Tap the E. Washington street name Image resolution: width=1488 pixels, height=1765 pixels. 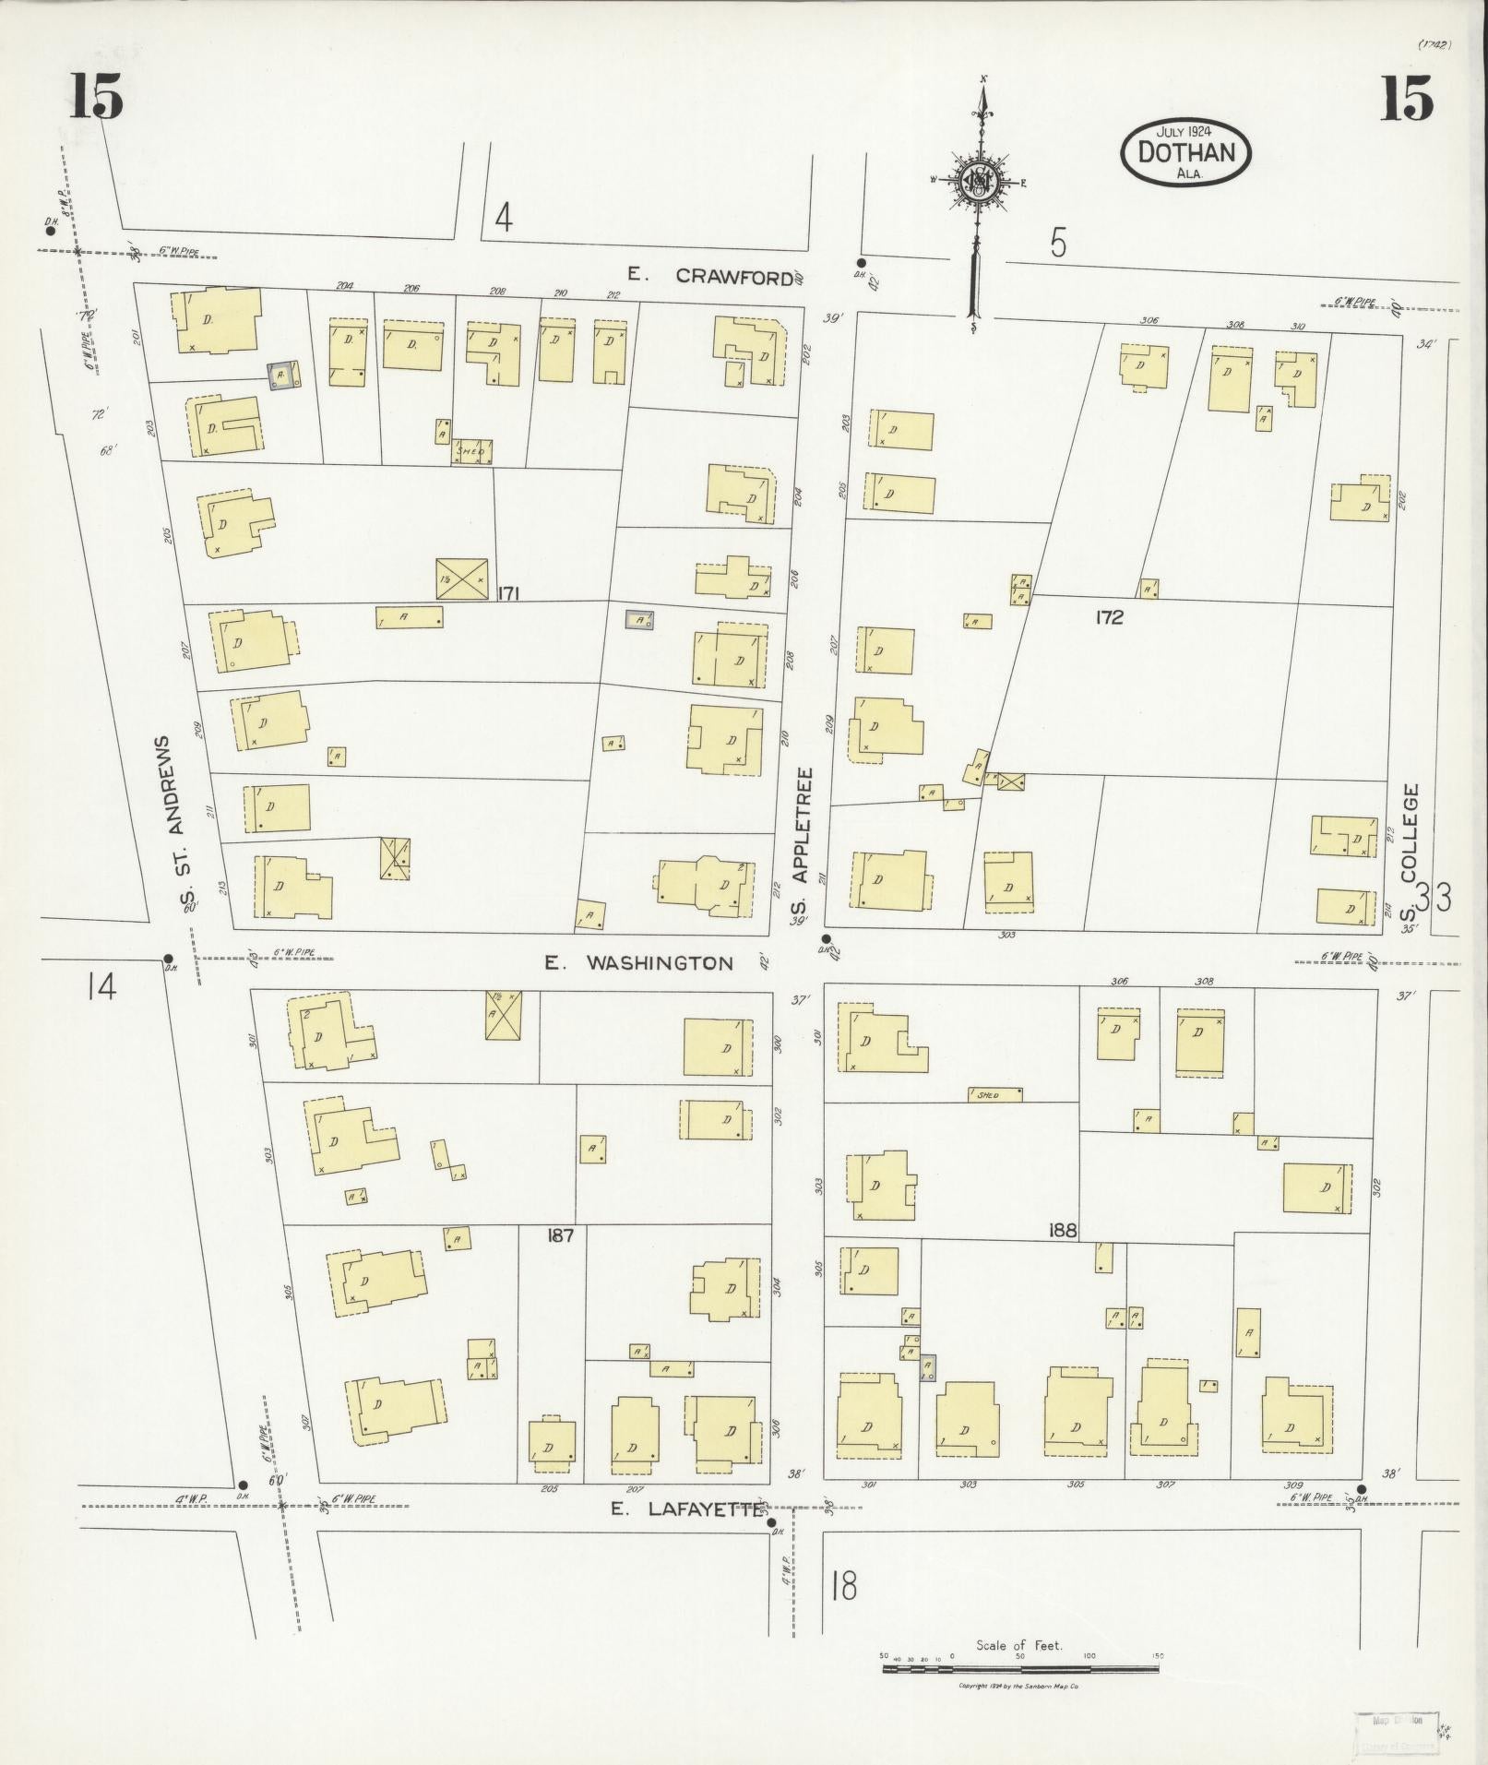click(638, 963)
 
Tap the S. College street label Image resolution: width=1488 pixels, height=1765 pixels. click(1409, 853)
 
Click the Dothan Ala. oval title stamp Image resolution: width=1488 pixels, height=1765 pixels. click(1185, 152)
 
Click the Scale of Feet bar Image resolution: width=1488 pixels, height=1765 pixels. click(1021, 1668)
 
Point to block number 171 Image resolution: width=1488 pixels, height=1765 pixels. click(508, 593)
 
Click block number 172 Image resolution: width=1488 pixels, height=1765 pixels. click(1109, 618)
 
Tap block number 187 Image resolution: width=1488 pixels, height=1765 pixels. click(560, 1235)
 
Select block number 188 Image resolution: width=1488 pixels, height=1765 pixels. click(1063, 1230)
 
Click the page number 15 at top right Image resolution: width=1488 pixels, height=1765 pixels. click(1407, 98)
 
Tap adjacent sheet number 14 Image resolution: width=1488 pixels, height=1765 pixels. click(101, 988)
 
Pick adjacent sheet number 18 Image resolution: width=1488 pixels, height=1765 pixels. click(843, 1585)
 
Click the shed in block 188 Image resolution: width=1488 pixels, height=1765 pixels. click(994, 1094)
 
